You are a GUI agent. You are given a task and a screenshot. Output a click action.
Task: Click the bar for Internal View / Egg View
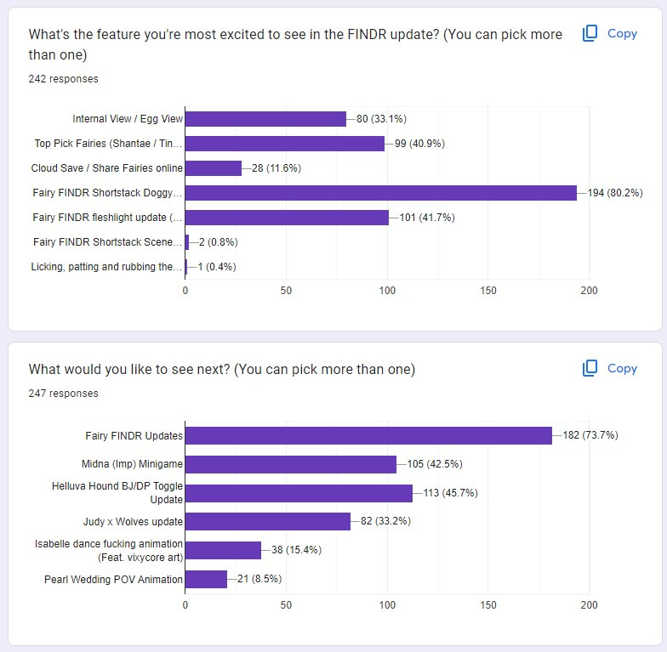point(265,119)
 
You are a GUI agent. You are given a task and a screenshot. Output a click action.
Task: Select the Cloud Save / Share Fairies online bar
point(214,168)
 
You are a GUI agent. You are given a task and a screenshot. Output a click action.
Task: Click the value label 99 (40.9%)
point(420,144)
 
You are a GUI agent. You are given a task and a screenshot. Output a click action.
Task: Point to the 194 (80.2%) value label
point(615,193)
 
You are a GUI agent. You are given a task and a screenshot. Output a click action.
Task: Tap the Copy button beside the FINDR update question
point(610,34)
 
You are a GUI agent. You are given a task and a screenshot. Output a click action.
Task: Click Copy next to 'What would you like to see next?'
point(610,369)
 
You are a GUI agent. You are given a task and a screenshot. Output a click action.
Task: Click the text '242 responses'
point(63,79)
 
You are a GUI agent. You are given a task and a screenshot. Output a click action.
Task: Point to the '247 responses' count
point(63,394)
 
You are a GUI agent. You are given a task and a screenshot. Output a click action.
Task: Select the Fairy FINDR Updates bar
point(369,435)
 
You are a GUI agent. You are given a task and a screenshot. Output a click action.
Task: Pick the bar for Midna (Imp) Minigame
point(291,464)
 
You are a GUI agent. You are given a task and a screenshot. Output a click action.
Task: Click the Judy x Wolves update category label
point(133,522)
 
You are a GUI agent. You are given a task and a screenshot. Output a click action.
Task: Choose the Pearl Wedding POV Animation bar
point(206,579)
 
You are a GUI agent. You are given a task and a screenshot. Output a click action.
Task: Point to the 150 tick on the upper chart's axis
point(488,291)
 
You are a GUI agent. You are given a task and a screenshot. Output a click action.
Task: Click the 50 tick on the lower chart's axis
point(286,605)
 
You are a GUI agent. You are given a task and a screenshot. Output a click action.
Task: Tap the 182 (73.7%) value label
point(590,435)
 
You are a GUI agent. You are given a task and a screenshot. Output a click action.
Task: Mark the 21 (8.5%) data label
point(259,579)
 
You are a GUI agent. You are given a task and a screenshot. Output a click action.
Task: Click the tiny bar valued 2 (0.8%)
point(187,242)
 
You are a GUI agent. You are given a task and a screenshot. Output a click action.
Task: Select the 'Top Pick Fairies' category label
point(108,144)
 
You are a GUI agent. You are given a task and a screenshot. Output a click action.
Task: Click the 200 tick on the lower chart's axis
point(589,605)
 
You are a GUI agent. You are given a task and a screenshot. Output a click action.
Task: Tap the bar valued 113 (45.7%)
point(299,493)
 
